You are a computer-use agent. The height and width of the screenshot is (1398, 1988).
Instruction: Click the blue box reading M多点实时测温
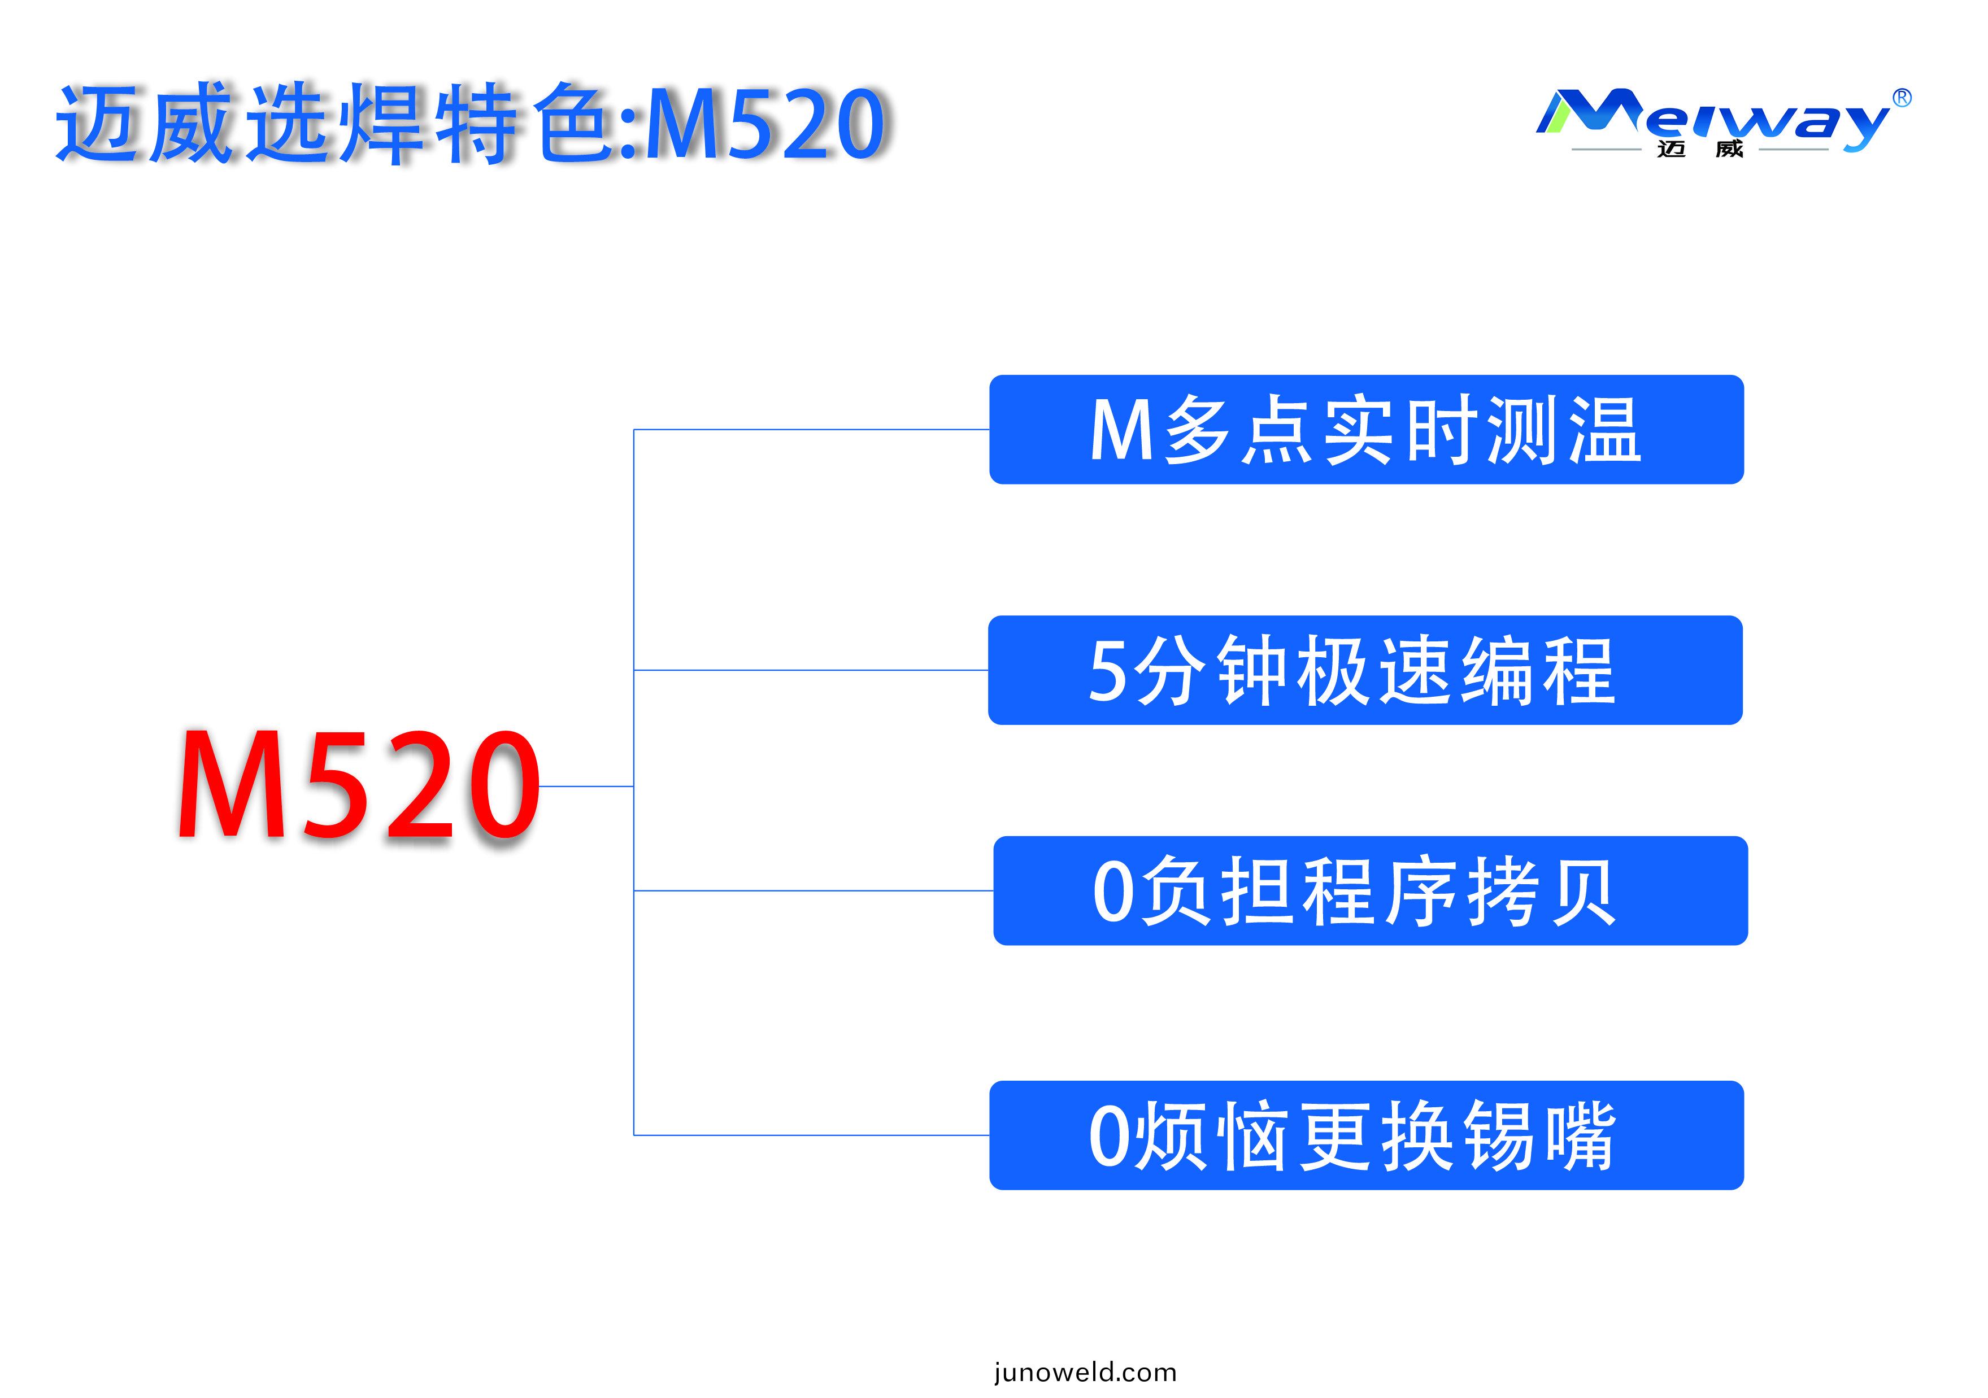(1367, 429)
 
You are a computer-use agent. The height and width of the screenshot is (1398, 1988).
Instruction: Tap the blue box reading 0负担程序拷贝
(1371, 891)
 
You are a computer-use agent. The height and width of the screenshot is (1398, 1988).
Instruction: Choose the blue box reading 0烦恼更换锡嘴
(1367, 1135)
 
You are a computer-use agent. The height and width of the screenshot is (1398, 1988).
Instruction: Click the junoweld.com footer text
(1085, 1372)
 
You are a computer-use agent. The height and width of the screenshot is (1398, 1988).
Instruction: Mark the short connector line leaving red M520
(586, 786)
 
